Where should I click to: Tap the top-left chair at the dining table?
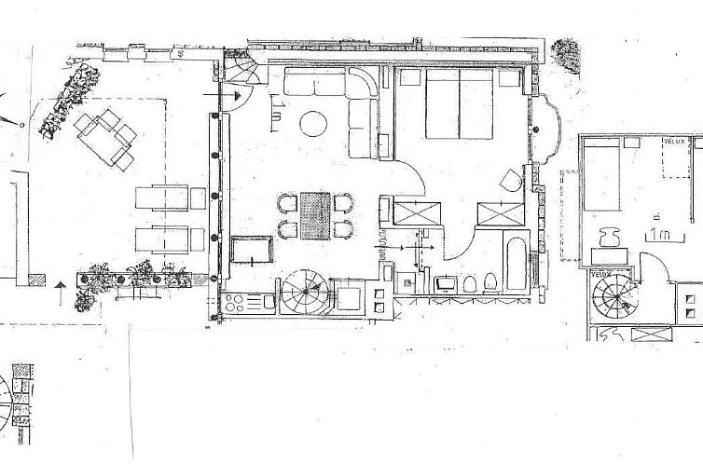287,203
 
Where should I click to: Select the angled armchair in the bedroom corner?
509,182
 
